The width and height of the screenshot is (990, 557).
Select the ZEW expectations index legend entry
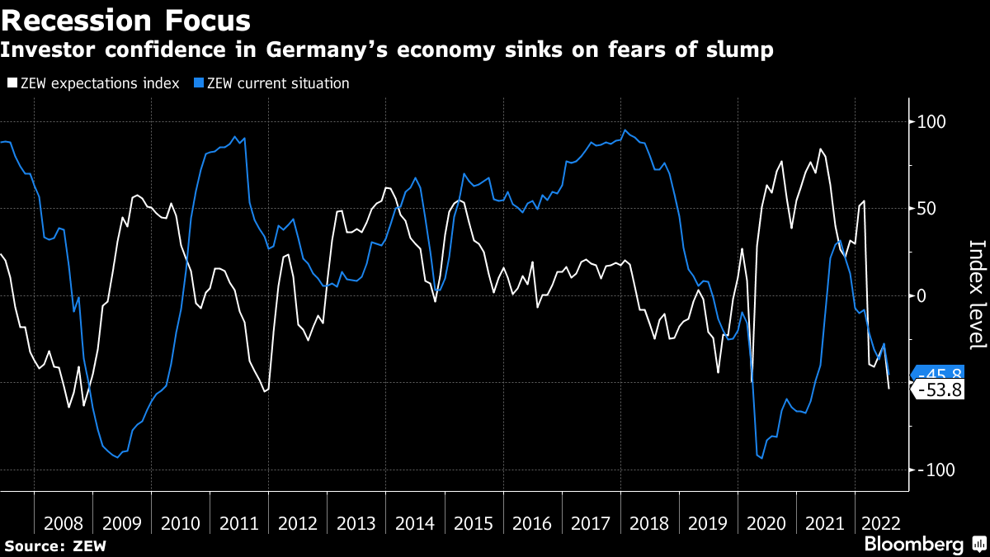92,83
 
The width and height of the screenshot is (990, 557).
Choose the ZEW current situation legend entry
277,83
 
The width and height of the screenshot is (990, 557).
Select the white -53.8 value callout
940,390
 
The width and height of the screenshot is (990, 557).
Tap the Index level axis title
976,295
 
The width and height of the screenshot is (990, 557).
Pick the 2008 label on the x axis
64,523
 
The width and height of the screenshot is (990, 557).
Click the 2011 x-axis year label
239,523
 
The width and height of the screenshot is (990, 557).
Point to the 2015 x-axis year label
474,523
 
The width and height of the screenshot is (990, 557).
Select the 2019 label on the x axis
709,523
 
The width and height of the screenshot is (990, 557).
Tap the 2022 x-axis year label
880,523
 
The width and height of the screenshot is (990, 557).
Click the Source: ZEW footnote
56,545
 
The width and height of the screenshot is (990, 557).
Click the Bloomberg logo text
913,545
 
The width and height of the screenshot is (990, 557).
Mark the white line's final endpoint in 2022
889,389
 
